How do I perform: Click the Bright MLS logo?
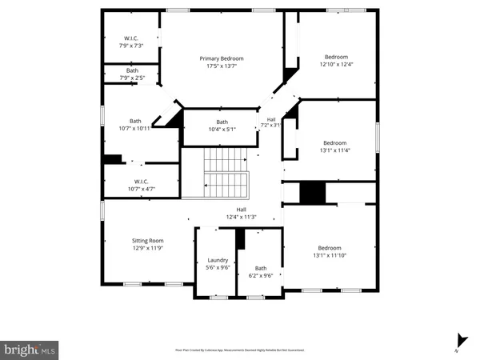pos(30,349)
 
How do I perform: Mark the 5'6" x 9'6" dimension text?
pos(218,269)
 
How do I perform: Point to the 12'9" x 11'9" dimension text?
pos(147,249)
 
